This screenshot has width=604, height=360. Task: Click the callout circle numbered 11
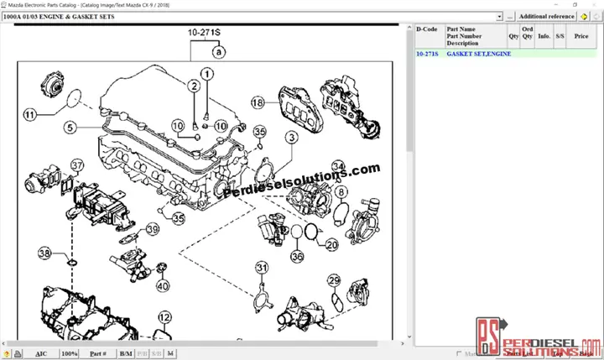[30, 115]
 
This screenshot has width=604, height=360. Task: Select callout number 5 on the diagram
[71, 128]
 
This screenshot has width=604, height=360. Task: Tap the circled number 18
[257, 102]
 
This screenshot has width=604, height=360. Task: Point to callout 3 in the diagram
[291, 137]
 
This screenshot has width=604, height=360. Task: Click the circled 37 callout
[77, 165]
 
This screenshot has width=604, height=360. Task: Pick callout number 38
[45, 253]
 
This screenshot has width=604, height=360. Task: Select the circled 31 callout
[262, 268]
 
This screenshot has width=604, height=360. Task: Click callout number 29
[334, 280]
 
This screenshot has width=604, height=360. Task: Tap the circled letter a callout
[218, 52]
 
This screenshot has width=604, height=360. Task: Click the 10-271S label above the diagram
[204, 33]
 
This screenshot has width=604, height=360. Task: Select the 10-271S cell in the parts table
[427, 54]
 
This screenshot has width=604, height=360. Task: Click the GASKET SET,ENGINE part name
[478, 54]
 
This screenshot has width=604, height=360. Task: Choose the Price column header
[581, 36]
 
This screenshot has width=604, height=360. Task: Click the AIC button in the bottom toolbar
[41, 354]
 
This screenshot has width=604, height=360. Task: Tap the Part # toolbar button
[98, 354]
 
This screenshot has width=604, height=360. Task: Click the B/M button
[125, 354]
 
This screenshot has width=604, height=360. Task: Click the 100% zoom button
[70, 354]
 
